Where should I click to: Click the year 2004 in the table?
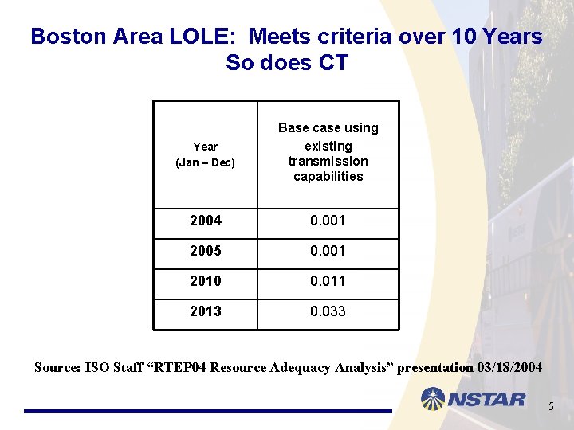pyautogui.click(x=205, y=221)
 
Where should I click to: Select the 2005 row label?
pyautogui.click(x=205, y=251)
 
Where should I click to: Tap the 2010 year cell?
pyautogui.click(x=205, y=281)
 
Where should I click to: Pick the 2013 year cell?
pyautogui.click(x=205, y=311)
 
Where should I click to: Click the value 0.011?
pyautogui.click(x=328, y=281)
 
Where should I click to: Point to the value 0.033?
pyautogui.click(x=328, y=311)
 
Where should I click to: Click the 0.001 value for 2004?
pyautogui.click(x=328, y=221)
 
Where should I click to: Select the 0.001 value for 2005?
pyautogui.click(x=328, y=251)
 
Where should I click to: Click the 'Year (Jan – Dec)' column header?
pyautogui.click(x=205, y=154)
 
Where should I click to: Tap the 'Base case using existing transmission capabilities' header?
pyautogui.click(x=328, y=152)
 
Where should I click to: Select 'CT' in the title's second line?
pyautogui.click(x=332, y=62)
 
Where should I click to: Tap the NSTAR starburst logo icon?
pyautogui.click(x=434, y=398)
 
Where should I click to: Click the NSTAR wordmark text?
pyautogui.click(x=487, y=399)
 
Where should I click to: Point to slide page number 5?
pyautogui.click(x=550, y=408)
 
